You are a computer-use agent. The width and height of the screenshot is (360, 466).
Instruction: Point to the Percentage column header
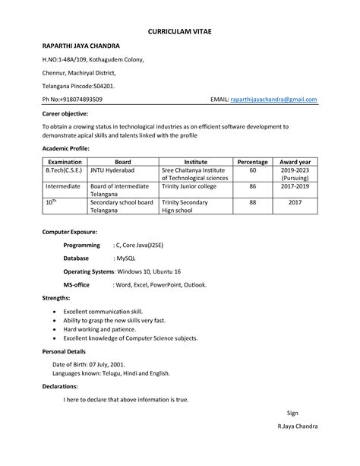[253, 162]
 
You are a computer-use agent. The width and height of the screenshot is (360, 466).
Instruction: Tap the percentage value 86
[253, 185]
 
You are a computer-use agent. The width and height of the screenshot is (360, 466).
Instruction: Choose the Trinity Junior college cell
[188, 185]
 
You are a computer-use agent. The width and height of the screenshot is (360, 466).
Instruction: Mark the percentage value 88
[253, 202]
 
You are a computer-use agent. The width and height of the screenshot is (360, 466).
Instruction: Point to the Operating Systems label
[87, 271]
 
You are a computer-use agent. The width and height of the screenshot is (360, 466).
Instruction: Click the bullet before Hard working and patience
[54, 331]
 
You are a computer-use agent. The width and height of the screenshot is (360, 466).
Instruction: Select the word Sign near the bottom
[292, 413]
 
